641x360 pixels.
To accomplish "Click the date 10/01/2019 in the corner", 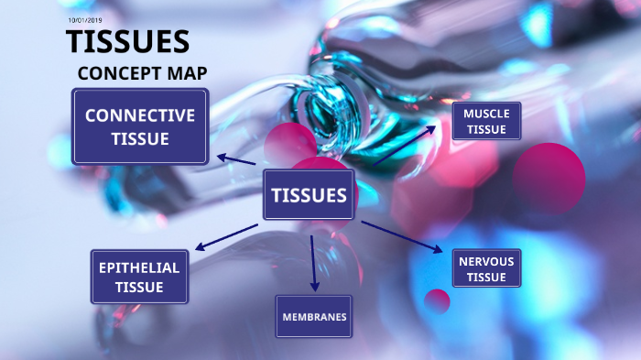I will point(86,19).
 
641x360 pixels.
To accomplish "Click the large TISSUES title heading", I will point(127,42).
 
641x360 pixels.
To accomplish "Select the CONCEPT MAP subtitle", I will point(142,73).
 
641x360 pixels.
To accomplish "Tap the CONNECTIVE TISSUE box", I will point(140,126).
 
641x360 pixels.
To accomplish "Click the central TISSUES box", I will point(309,195).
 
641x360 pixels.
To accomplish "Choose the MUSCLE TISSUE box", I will point(486,121).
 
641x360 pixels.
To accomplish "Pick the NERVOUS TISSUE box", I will point(486,268).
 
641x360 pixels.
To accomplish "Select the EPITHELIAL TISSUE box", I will point(139,277).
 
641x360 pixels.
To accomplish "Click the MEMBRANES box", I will point(314,317).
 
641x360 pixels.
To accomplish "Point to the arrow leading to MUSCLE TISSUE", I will point(405,145).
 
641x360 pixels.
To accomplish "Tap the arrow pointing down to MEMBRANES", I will point(313,262).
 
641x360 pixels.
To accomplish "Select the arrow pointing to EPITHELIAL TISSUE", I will point(226,235).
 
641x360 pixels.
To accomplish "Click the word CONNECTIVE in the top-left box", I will point(140,115).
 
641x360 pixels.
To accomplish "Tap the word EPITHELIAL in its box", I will point(139,267).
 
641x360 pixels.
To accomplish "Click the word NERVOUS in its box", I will point(486,261).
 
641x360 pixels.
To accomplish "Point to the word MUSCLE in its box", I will point(486,114).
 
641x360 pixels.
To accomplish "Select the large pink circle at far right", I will point(549,177).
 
